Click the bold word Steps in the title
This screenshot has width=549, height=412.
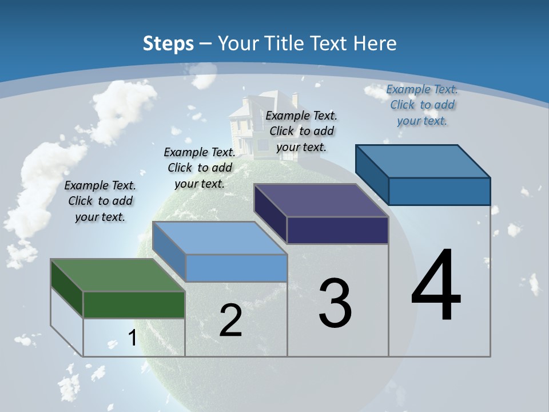click(168, 43)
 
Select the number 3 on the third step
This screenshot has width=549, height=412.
click(335, 303)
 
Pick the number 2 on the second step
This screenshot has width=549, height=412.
click(230, 320)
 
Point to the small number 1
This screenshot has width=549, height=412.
click(132, 338)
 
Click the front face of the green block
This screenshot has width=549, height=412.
click(134, 304)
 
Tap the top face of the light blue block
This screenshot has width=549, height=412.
click(220, 238)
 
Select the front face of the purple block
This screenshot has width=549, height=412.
click(337, 230)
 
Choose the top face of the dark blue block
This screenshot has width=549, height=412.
click(423, 161)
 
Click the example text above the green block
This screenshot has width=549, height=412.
click(100, 201)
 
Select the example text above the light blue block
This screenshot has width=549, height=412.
click(200, 168)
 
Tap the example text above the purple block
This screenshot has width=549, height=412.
click(301, 131)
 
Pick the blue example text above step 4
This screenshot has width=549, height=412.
click(422, 105)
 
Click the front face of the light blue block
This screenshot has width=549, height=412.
click(236, 268)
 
